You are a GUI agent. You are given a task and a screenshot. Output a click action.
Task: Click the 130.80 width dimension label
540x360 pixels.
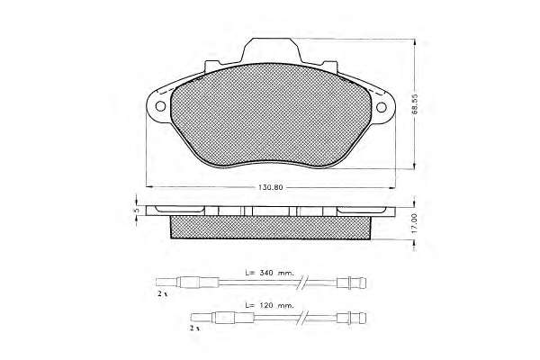270,187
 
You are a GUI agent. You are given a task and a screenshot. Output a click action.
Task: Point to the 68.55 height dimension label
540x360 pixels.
415,103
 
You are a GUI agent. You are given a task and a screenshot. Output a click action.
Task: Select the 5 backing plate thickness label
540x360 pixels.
137,210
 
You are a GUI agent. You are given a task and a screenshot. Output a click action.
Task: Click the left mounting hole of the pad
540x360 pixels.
160,106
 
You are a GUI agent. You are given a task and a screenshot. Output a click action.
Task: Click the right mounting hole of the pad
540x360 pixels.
382,107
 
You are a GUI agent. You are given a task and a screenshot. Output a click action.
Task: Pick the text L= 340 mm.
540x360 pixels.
270,273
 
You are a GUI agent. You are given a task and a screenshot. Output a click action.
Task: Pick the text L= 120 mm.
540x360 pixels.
270,305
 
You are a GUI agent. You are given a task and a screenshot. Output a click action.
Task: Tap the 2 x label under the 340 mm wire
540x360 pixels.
162,294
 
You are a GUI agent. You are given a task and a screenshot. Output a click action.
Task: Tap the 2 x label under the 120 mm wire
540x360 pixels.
194,328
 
